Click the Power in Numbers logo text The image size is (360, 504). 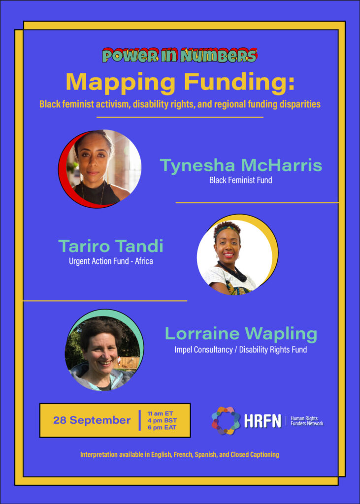pyautogui.click(x=180, y=55)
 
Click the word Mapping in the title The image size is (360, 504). pyautogui.click(x=118, y=82)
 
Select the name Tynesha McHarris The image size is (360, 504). pyautogui.click(x=241, y=165)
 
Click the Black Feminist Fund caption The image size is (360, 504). pyautogui.click(x=241, y=180)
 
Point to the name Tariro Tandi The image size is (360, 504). pyautogui.click(x=111, y=247)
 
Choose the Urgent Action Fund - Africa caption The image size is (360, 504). pyautogui.click(x=111, y=261)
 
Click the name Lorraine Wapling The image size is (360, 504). pyautogui.click(x=241, y=334)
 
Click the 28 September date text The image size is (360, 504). pyautogui.click(x=92, y=420)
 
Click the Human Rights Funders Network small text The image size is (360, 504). pyautogui.click(x=307, y=421)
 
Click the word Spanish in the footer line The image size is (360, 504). pyautogui.click(x=205, y=454)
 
